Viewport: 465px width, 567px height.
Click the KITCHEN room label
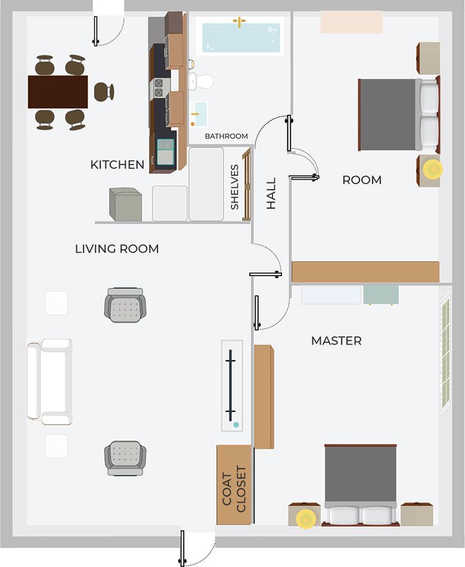pyautogui.click(x=117, y=165)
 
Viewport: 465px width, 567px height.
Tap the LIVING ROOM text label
pyautogui.click(x=117, y=249)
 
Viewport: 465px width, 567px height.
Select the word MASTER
pyautogui.click(x=336, y=341)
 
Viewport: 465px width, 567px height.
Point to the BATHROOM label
pyautogui.click(x=226, y=136)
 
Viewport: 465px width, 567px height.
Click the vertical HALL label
pyautogui.click(x=271, y=193)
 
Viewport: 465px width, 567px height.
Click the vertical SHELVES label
pyautogui.click(x=235, y=187)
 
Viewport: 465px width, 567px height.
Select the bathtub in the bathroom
pyautogui.click(x=240, y=37)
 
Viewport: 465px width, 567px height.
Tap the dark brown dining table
pyautogui.click(x=58, y=92)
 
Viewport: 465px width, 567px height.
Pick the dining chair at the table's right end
pyautogui.click(x=103, y=92)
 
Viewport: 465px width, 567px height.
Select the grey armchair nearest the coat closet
pyautogui.click(x=125, y=458)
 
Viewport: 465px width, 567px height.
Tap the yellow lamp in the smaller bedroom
pyautogui.click(x=433, y=169)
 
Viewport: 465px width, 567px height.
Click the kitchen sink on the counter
pyautogui.click(x=166, y=150)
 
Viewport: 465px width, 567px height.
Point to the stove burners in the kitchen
pyautogui.click(x=159, y=88)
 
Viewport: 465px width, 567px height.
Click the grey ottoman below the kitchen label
pyautogui.click(x=126, y=205)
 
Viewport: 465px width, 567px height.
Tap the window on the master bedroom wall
pyautogui.click(x=445, y=355)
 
